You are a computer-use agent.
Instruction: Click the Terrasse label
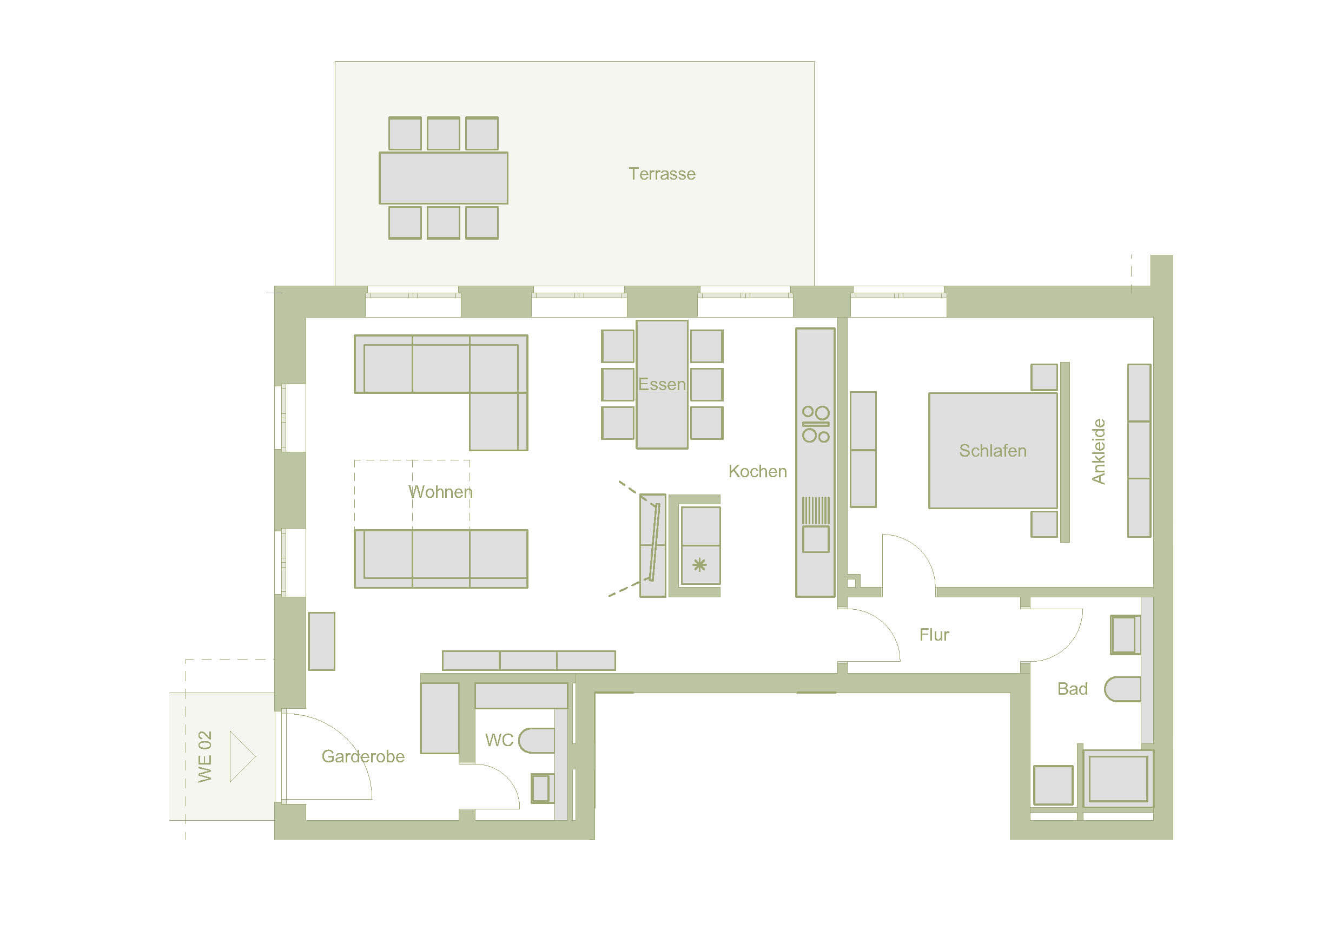(662, 174)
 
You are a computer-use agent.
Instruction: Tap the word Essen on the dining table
(662, 384)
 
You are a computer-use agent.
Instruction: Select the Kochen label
(757, 471)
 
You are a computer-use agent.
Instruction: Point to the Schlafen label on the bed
(993, 451)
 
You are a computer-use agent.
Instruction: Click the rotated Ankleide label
(1099, 451)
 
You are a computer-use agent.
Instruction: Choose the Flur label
(934, 635)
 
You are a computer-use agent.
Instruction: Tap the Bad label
(1073, 689)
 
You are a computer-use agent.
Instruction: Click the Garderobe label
(363, 756)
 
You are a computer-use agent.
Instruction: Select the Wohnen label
(440, 492)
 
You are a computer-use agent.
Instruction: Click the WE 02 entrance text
(204, 756)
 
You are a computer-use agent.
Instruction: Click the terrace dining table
(444, 178)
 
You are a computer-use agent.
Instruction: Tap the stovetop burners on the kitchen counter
(816, 424)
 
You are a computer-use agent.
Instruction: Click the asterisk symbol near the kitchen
(699, 565)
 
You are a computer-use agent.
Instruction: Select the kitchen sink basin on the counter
(816, 539)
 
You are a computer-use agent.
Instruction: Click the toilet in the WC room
(536, 741)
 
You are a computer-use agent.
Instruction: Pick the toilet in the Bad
(1122, 689)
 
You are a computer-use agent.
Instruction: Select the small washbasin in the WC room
(541, 788)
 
